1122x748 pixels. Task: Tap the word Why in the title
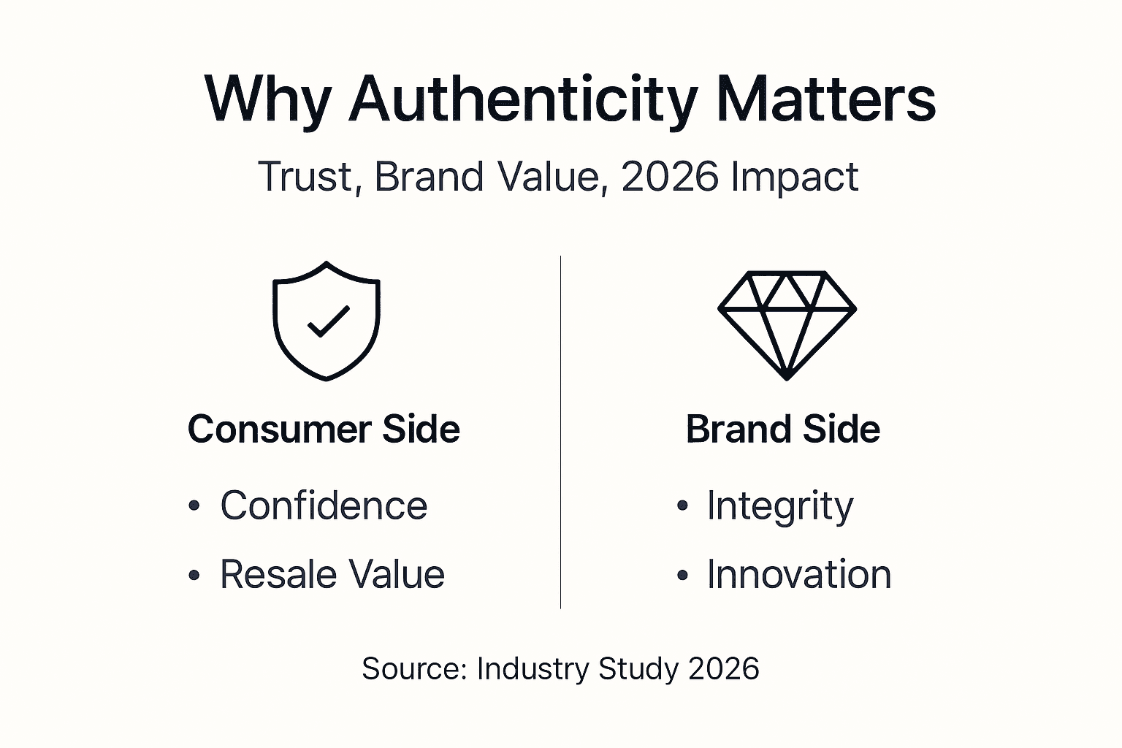pyautogui.click(x=267, y=100)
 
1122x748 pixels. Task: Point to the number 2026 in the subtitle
pyautogui.click(x=669, y=177)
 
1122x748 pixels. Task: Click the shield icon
pyautogui.click(x=326, y=321)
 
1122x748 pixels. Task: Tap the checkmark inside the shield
pyautogui.click(x=328, y=321)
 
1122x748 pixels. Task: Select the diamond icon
pyautogui.click(x=787, y=324)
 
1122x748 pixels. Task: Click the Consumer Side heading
pyautogui.click(x=324, y=429)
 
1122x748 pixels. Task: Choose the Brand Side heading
pyautogui.click(x=782, y=429)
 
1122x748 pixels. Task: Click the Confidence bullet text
pyautogui.click(x=324, y=505)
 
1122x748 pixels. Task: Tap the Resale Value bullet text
pyautogui.click(x=332, y=574)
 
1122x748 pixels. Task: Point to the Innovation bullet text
pyautogui.click(x=798, y=574)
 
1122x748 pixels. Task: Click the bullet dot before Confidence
pyautogui.click(x=194, y=506)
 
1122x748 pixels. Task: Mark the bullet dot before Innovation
pyautogui.click(x=682, y=575)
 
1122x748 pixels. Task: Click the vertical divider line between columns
pyautogui.click(x=560, y=431)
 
